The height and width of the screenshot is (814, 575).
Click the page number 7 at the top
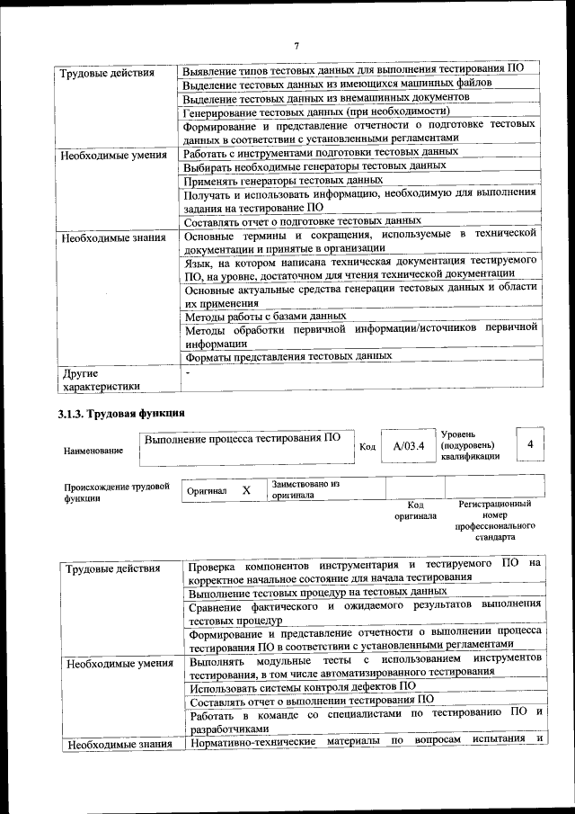(296, 46)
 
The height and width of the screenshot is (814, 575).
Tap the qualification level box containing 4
(530, 444)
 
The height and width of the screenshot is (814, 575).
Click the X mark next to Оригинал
(245, 491)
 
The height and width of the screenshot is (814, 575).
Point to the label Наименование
(93, 450)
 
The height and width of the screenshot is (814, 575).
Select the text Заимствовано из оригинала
(305, 489)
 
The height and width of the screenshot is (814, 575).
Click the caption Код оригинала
(414, 510)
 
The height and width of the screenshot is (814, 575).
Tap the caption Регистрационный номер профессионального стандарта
(494, 521)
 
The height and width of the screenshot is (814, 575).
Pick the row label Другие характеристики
(99, 380)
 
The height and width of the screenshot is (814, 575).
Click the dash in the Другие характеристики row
(188, 371)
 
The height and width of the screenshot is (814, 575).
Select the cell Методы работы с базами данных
(265, 317)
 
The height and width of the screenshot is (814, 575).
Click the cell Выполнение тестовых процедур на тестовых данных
(318, 593)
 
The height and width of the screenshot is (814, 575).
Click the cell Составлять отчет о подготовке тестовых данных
(303, 220)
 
